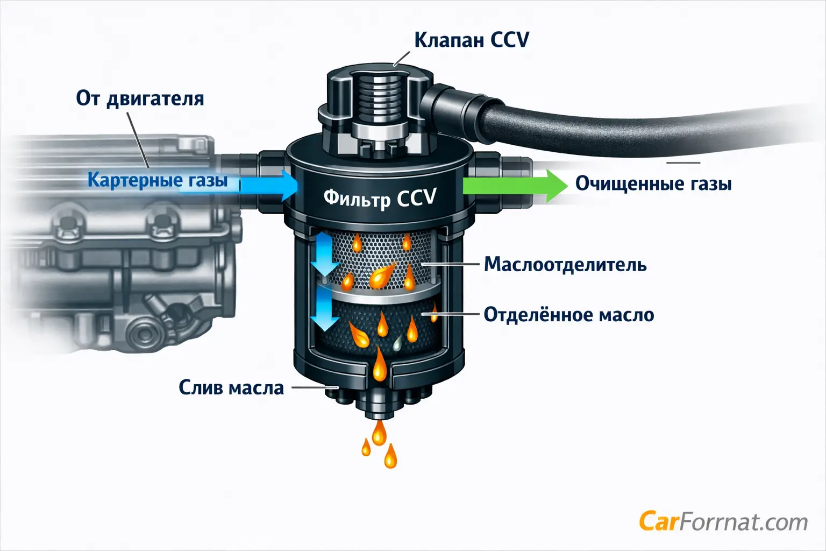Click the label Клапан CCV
(x=472, y=40)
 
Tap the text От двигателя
(x=140, y=98)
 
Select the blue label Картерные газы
(x=158, y=180)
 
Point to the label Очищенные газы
(x=653, y=183)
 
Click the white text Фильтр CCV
(x=380, y=198)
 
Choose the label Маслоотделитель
(x=565, y=265)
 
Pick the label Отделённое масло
(x=569, y=314)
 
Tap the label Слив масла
(x=231, y=387)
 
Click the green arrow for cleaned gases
(x=515, y=186)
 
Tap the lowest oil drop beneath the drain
(x=390, y=456)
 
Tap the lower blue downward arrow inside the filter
(x=324, y=309)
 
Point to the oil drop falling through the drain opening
(x=379, y=364)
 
